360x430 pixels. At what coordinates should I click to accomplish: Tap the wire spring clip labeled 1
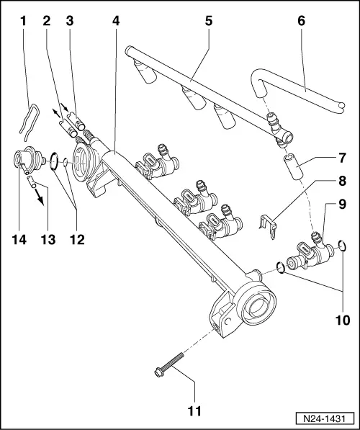pos(27,115)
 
